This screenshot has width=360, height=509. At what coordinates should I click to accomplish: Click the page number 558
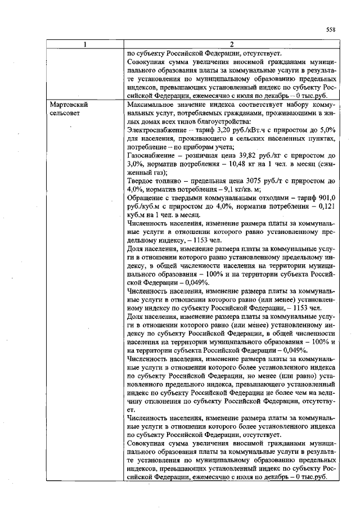330,30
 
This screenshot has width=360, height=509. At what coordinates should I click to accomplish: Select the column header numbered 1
85,45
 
